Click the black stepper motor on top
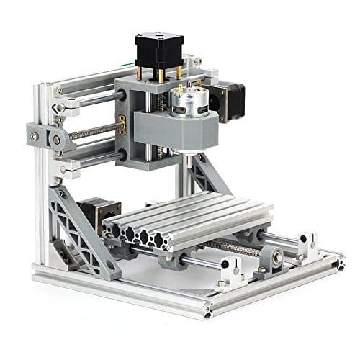tap(158, 49)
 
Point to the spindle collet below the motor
tap(188, 156)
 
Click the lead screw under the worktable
tap(230, 248)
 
